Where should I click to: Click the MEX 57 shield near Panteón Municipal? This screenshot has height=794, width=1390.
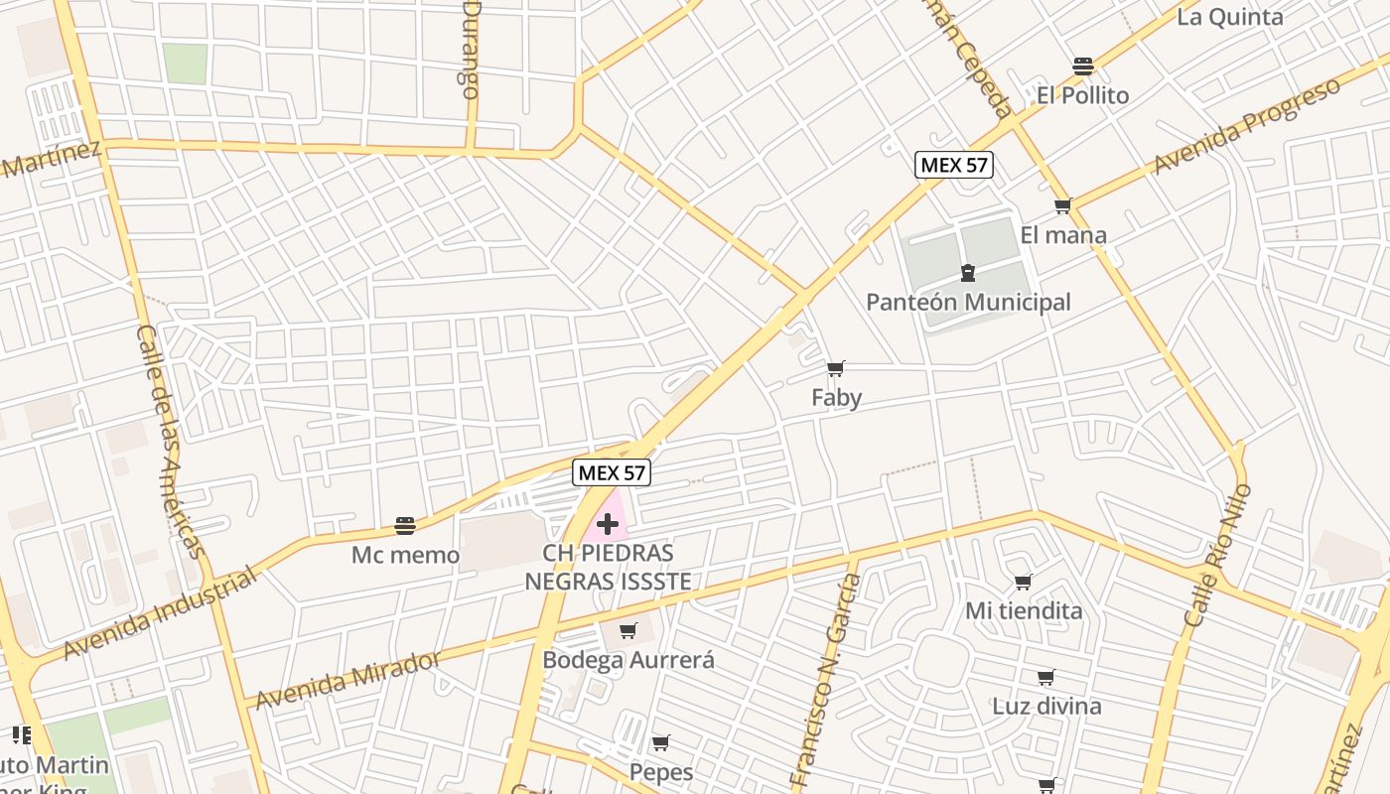click(953, 165)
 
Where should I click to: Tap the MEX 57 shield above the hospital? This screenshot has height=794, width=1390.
click(612, 473)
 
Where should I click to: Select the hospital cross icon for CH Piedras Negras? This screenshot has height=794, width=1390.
click(608, 523)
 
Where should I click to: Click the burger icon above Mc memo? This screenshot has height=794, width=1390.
click(405, 525)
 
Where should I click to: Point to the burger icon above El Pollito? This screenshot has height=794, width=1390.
click(1082, 66)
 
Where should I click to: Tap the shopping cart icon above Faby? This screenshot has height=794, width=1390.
click(836, 369)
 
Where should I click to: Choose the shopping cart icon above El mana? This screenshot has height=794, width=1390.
click(1062, 206)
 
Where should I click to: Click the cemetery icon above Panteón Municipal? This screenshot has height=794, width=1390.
click(968, 273)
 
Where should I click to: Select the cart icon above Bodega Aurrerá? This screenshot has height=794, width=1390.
click(627, 630)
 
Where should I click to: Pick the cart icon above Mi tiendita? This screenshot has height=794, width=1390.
click(1024, 582)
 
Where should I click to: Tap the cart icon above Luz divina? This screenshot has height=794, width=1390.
click(1045, 678)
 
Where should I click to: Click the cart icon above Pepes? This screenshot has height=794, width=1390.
click(660, 742)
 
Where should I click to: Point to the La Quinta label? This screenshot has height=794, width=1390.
click(1230, 17)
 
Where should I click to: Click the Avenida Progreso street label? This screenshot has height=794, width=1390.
click(1246, 126)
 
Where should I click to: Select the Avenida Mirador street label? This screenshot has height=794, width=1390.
click(347, 681)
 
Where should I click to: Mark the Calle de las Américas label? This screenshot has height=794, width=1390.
click(171, 442)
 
